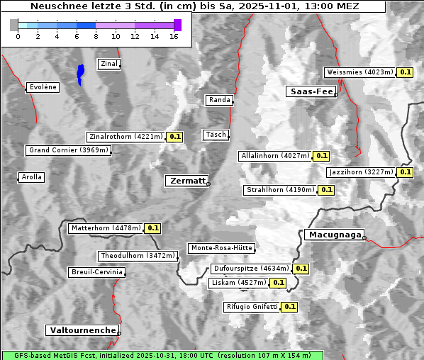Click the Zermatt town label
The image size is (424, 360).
187,181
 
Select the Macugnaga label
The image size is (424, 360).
334,235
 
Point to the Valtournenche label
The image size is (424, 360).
82,330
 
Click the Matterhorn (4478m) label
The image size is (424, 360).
105,228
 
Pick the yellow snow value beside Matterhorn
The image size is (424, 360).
152,228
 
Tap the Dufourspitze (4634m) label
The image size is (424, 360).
251,269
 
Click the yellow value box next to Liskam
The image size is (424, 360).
278,283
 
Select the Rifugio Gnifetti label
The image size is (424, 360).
252,307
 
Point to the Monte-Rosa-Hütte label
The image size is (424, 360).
221,248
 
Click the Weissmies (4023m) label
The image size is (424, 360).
359,72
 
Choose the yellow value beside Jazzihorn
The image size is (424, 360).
405,172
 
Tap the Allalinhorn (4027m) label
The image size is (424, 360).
275,155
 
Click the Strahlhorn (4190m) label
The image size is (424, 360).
279,190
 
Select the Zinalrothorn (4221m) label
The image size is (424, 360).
125,137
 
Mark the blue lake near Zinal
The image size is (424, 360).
81,73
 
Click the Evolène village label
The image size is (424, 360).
43,87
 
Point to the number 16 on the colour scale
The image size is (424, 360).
174,36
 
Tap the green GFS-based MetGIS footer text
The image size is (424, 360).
162,355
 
